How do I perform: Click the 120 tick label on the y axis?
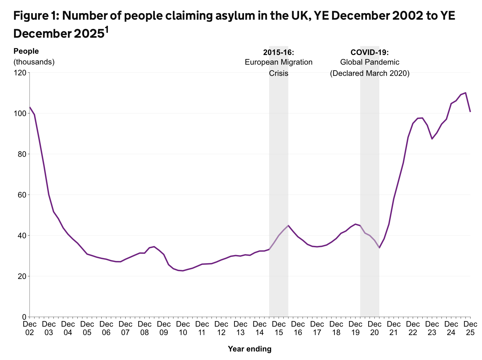(20, 73)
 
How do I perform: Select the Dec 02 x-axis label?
(30, 328)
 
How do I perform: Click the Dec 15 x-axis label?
(279, 328)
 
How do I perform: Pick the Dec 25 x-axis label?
(470, 328)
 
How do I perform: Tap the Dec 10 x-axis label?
(183, 328)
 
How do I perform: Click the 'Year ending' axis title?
(250, 349)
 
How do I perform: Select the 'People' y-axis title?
(26, 51)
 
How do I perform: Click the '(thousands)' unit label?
(34, 62)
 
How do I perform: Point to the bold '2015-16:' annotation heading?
(279, 52)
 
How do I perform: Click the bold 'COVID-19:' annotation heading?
(370, 52)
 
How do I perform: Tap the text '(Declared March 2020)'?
(370, 73)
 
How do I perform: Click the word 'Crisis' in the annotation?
(279, 73)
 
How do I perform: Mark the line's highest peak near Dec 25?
(466, 93)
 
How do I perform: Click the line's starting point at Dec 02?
(30, 107)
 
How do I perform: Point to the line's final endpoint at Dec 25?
(470, 112)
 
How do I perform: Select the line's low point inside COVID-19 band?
(379, 248)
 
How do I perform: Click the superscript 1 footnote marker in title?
(107, 30)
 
